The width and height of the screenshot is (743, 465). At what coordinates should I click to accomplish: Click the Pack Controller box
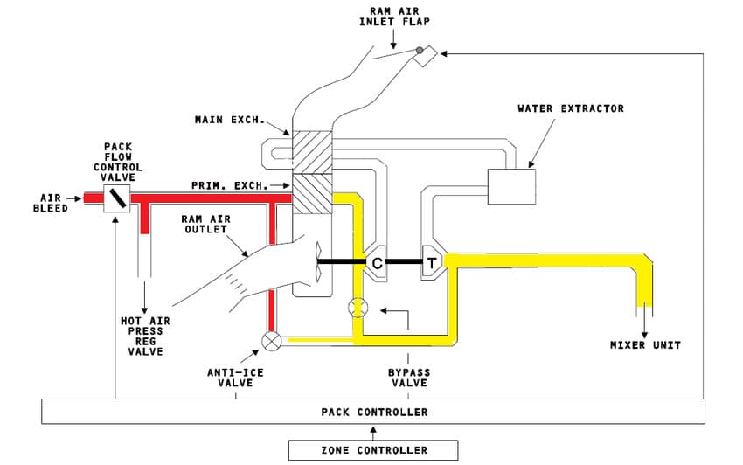coord(373,412)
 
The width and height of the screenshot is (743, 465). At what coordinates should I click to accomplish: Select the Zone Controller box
coord(373,450)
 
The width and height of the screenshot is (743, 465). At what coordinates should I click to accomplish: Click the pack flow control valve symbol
coord(116,199)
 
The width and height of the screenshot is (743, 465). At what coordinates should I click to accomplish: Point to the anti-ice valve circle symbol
coord(272,341)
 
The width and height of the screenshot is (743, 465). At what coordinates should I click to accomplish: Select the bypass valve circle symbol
coord(358,308)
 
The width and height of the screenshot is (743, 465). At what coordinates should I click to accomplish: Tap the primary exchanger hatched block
coord(310,193)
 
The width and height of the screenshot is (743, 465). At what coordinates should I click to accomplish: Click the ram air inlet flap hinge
coord(420,51)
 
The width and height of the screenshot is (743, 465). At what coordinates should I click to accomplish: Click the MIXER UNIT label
coord(645,345)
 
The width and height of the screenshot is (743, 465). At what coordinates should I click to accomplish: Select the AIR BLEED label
coord(51,204)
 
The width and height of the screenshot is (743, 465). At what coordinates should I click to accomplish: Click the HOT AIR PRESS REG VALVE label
coord(145,337)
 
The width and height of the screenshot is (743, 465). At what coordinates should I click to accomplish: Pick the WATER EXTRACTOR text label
coord(571,108)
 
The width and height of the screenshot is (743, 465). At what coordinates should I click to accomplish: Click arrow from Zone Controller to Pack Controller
coord(373,431)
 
